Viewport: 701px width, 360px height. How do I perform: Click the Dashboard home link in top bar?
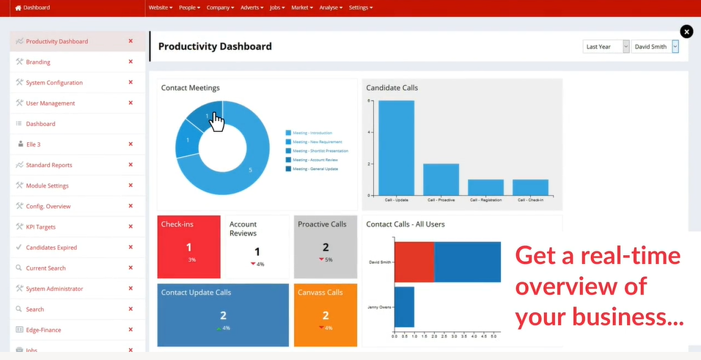click(x=33, y=7)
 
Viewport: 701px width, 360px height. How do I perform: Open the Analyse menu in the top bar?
click(x=331, y=7)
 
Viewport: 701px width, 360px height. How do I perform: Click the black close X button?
click(x=686, y=32)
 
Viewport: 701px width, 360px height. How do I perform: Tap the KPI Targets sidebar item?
click(x=41, y=227)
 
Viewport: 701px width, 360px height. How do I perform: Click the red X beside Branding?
click(x=131, y=62)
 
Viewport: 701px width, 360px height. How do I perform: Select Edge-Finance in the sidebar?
click(x=43, y=330)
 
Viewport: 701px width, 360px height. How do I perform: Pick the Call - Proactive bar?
click(x=441, y=179)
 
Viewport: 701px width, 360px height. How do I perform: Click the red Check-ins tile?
click(x=188, y=246)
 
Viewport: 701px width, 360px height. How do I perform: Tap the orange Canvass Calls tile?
click(x=326, y=315)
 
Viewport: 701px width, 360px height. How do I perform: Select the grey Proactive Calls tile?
click(x=326, y=246)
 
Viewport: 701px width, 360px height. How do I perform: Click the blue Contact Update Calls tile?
click(x=223, y=315)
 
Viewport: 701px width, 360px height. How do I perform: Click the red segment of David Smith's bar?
click(x=414, y=262)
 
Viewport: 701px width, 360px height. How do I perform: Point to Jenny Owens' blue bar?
click(x=404, y=306)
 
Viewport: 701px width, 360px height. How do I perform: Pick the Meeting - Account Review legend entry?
click(x=316, y=160)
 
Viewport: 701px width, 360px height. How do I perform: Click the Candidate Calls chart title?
click(x=392, y=88)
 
